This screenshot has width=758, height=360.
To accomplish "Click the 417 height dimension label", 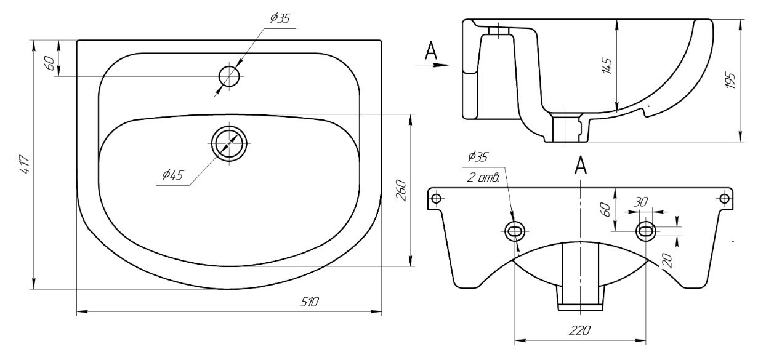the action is point(25,165).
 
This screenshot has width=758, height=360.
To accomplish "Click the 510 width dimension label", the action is point(309,302).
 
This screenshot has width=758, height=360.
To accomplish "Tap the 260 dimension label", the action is point(401,191).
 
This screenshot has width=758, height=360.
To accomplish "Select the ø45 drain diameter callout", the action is point(172,175).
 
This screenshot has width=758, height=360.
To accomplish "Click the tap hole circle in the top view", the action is point(230,76).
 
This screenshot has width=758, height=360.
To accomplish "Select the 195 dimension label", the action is point(730,81).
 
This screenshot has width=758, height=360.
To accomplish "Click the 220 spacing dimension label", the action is point(579,330).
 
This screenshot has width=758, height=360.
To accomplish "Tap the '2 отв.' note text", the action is point(483,177).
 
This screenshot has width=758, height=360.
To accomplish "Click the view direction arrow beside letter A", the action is point(433,65).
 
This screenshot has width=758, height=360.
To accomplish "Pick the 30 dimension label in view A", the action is point(640,202).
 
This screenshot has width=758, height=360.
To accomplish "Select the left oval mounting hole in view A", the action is point(514,231).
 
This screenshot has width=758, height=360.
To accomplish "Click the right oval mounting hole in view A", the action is point(646,231).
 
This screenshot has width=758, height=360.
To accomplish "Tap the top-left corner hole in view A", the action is point(437,198).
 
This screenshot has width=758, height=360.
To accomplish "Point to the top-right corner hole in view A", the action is point(725,198).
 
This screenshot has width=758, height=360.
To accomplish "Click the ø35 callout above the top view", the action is point(281,18).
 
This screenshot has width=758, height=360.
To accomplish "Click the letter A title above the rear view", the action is point(581,166).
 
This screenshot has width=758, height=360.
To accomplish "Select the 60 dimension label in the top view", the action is point(50,63).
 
